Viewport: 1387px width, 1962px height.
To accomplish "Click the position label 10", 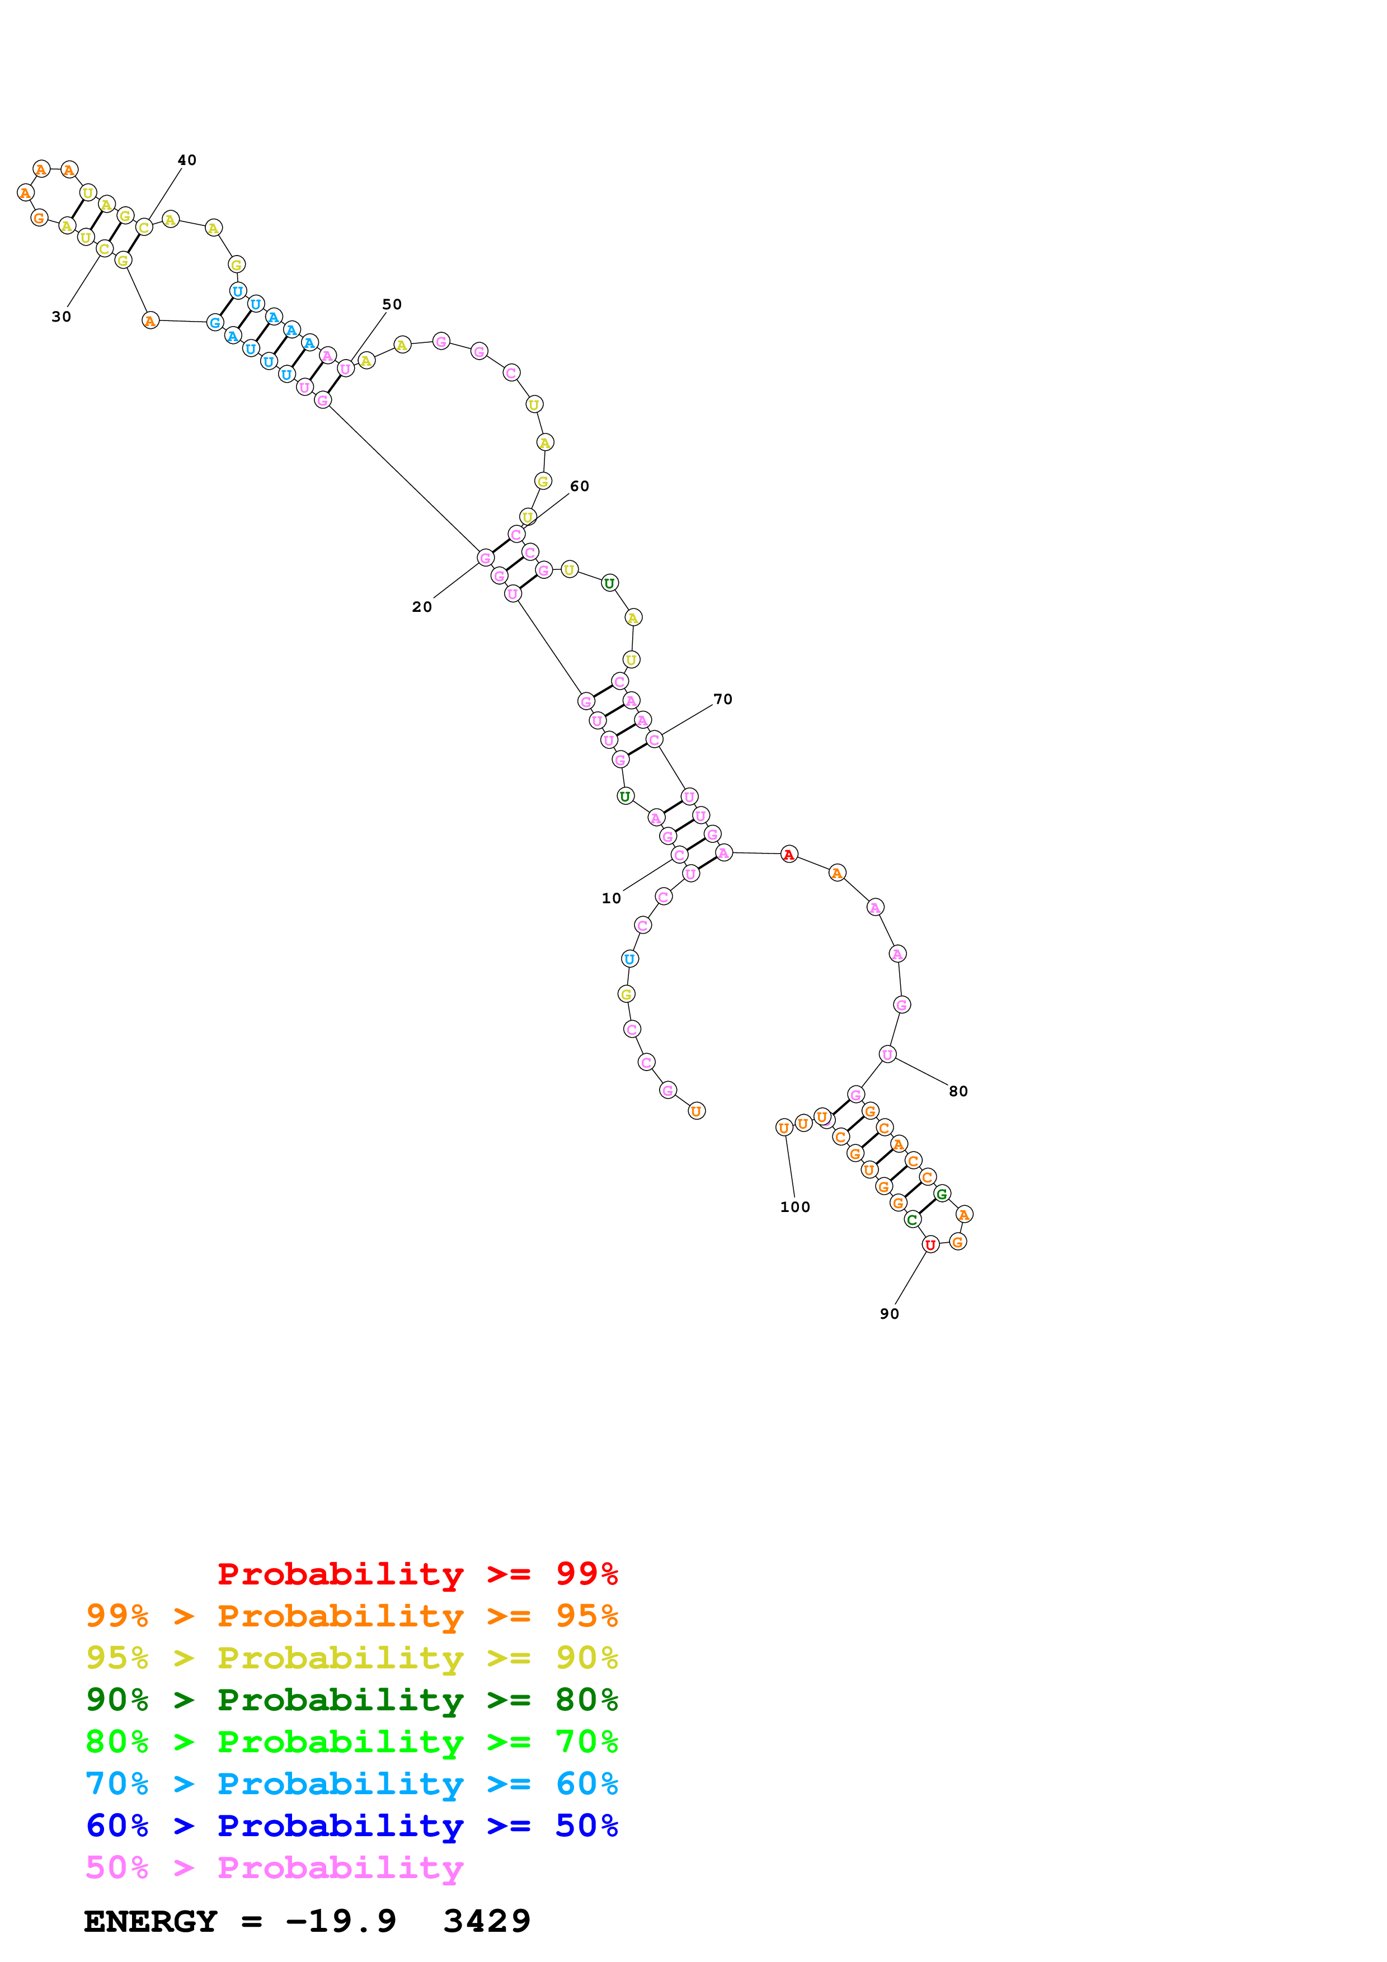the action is click(x=611, y=898).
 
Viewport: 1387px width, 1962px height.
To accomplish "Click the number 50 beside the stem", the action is click(x=392, y=304).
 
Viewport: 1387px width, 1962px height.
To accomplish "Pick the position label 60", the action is click(x=580, y=486).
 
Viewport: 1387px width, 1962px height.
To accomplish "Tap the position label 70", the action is click(x=723, y=699).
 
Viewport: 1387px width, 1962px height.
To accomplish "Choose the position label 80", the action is click(x=958, y=1091).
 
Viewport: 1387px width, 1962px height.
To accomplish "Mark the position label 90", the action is click(x=890, y=1313).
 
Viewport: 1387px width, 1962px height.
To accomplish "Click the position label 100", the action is click(x=794, y=1206).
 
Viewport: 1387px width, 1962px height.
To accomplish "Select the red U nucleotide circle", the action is click(x=930, y=1244).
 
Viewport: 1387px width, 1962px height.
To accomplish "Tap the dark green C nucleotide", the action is click(x=912, y=1219).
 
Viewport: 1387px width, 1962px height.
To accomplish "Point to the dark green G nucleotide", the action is click(x=942, y=1194).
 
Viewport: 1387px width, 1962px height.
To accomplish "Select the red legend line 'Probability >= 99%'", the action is click(x=417, y=1574).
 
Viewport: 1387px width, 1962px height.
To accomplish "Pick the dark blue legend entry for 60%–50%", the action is click(x=351, y=1826).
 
